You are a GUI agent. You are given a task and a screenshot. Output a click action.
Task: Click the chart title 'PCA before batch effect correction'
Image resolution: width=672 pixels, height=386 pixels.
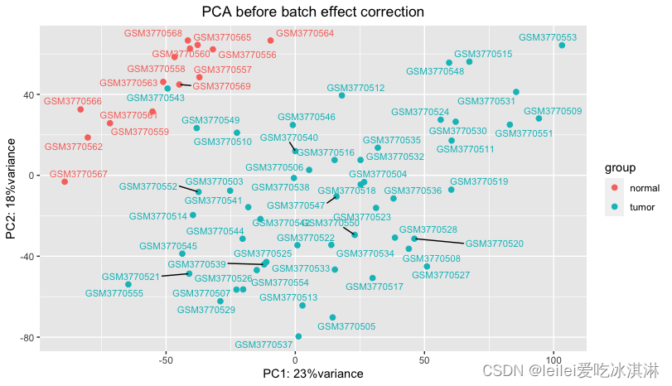[313, 12]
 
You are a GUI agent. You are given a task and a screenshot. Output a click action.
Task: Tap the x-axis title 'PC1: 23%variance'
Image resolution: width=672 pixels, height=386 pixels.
[312, 374]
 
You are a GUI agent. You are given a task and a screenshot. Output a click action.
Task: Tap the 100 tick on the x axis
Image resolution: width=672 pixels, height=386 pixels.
[554, 359]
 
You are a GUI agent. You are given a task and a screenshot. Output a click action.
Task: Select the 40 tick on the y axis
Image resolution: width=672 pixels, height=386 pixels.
[28, 94]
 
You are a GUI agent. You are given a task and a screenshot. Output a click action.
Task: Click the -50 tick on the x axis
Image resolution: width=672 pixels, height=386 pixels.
[165, 359]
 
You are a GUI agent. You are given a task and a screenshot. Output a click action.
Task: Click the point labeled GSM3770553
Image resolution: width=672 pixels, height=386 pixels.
[562, 46]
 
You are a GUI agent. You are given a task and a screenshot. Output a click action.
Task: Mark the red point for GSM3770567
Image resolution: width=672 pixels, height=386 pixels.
[65, 181]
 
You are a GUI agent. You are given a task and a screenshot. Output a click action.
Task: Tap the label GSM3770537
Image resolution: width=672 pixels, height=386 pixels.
[263, 345]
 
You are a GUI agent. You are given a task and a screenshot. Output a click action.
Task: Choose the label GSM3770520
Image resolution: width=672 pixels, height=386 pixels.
[495, 244]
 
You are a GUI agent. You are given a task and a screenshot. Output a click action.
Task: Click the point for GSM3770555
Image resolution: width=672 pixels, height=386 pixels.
[128, 284]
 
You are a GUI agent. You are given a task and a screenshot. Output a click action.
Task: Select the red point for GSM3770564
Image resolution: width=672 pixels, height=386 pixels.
[271, 41]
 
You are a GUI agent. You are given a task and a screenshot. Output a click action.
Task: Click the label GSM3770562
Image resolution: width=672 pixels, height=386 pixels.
[74, 147]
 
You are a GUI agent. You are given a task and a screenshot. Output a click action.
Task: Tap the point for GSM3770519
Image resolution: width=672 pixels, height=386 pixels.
[452, 190]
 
